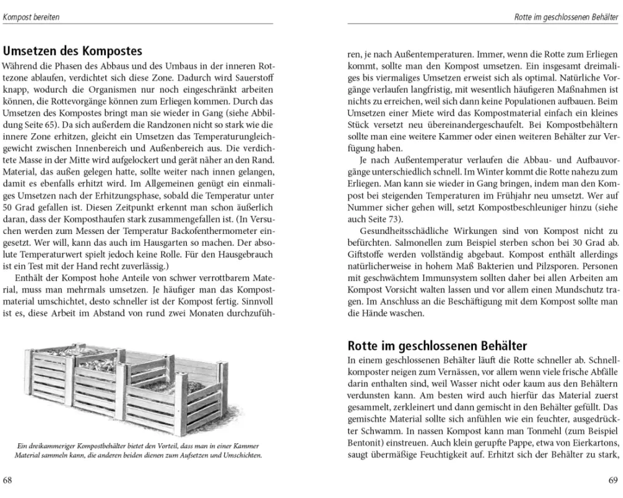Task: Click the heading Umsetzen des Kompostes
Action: pos(72,51)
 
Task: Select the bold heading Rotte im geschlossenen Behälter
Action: pos(437,345)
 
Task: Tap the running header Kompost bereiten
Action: pos(31,17)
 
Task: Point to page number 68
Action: pos(7,480)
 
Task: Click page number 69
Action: pos(612,480)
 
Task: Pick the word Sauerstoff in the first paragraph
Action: pos(250,77)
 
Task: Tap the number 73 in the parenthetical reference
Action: pos(394,219)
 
